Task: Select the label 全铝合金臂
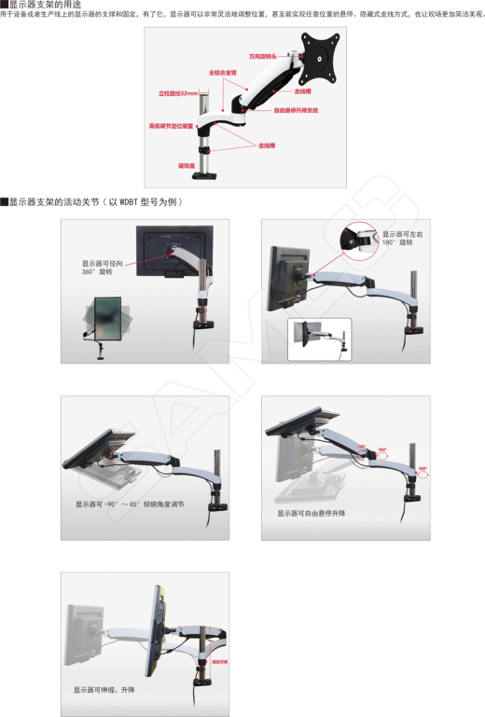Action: coord(223,72)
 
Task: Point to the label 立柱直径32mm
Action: coord(178,93)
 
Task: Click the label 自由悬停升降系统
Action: coord(296,110)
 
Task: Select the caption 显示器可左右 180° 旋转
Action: coord(403,238)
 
